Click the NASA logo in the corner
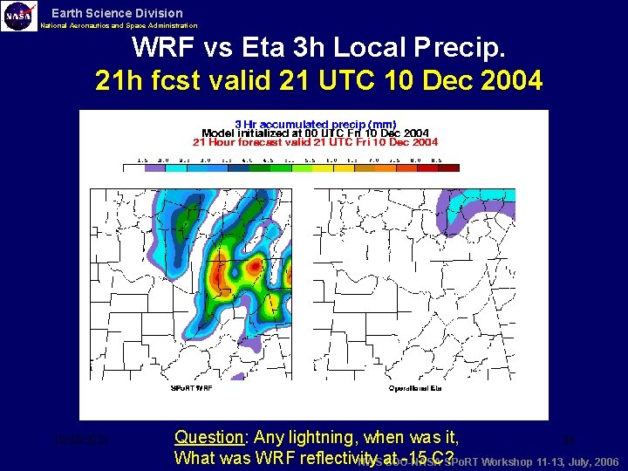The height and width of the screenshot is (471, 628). click(19, 17)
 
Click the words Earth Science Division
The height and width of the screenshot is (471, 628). click(117, 13)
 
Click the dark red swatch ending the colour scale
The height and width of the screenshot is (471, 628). click(447, 167)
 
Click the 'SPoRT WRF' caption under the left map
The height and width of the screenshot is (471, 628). click(191, 386)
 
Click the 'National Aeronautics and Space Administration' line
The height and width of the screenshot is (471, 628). click(119, 26)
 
